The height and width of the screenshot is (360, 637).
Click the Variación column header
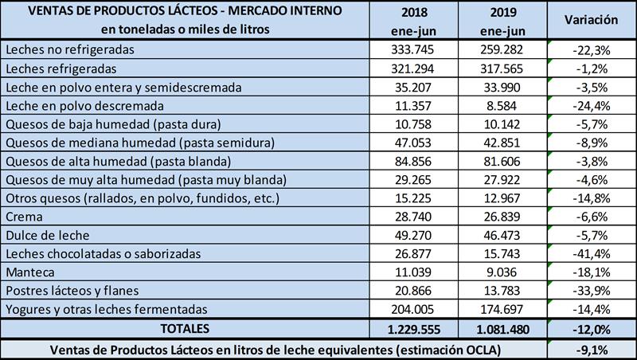[590, 20]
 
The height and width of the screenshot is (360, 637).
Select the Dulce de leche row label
[45, 234]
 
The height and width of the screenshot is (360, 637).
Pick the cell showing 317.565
[505, 68]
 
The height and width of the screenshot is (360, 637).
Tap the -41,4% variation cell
[590, 252]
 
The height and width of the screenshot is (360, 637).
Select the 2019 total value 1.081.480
[505, 327]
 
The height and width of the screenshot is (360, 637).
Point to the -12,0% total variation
[590, 327]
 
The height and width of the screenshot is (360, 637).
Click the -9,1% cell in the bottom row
[590, 348]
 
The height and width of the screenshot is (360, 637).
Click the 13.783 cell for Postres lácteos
[505, 290]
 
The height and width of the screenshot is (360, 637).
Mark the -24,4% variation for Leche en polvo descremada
[590, 104]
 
